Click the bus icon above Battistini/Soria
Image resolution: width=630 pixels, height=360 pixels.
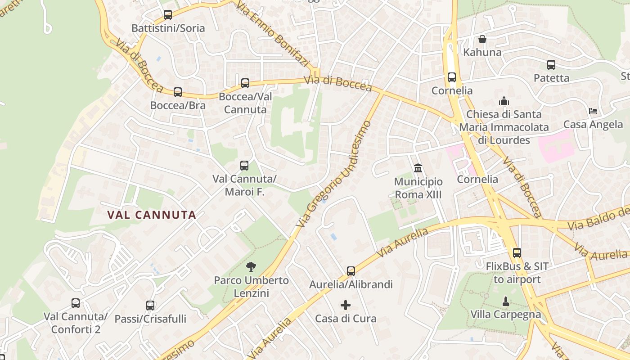click(168, 15)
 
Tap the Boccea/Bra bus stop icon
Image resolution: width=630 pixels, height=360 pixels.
click(178, 92)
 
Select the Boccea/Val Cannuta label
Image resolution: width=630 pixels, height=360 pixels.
click(245, 103)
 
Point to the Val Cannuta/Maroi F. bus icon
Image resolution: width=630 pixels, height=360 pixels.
click(244, 166)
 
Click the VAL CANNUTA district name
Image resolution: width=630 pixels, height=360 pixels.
click(152, 215)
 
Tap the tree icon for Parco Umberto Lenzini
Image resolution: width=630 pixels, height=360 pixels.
click(251, 267)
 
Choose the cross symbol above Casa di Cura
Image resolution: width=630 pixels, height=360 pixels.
click(346, 305)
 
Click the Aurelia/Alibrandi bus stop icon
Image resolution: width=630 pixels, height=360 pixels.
click(351, 271)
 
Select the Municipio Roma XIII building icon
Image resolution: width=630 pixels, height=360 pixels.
click(418, 168)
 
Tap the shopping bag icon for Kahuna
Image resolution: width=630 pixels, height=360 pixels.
click(482, 39)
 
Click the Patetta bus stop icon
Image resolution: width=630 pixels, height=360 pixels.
click(551, 65)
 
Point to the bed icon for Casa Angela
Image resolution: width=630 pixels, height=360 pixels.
click(593, 111)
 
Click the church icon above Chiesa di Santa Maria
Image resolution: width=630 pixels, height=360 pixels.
click(504, 101)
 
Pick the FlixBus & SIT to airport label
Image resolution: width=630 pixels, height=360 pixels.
click(517, 273)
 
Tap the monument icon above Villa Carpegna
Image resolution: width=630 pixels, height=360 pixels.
click(506, 301)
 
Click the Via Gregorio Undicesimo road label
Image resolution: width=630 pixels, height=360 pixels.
click(334, 174)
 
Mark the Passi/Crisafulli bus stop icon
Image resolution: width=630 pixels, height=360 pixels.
click(150, 306)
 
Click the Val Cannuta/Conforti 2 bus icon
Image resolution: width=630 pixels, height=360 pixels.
click(76, 303)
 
